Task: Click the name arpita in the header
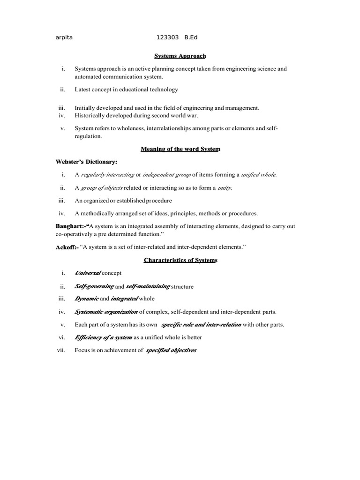64,37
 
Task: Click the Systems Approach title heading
180,56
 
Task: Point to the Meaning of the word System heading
180,149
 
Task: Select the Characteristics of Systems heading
180,260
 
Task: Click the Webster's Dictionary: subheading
87,162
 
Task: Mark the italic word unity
225,188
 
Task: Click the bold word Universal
87,273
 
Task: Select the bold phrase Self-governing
94,286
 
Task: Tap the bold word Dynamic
86,299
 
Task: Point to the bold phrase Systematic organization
106,311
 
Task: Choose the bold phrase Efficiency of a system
103,337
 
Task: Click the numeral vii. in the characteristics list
60,350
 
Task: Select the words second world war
180,115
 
